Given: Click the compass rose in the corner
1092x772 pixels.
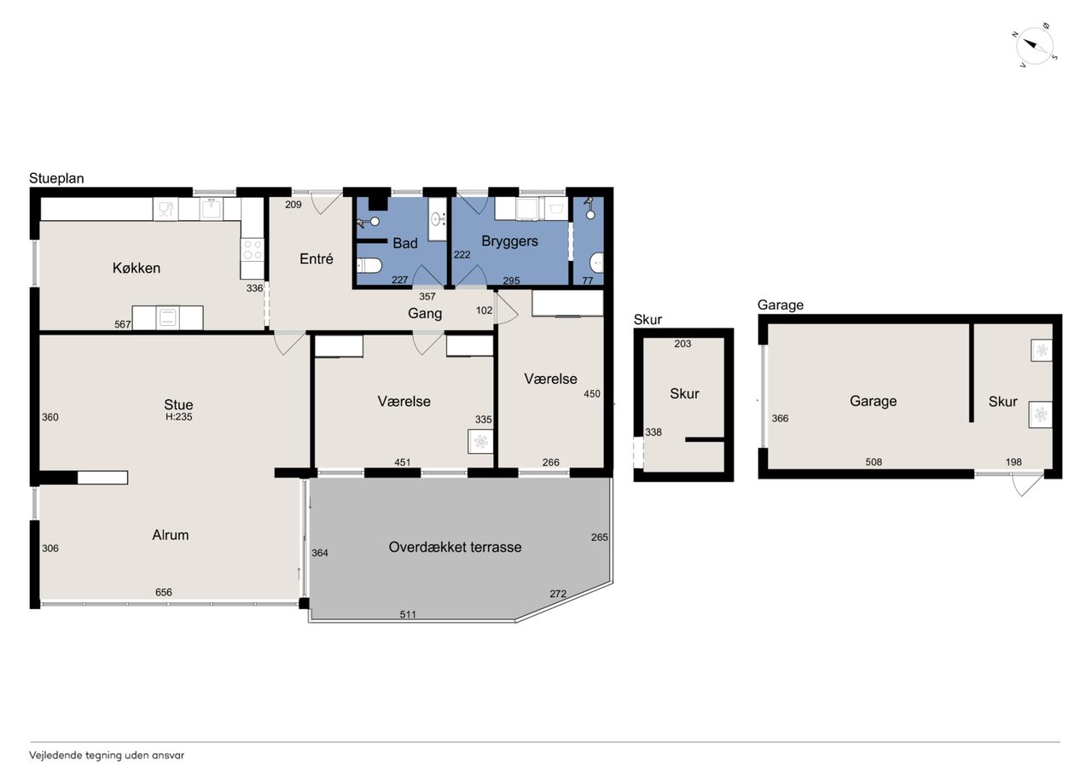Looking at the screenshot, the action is click(1036, 47).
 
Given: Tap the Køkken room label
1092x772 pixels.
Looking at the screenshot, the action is click(136, 268).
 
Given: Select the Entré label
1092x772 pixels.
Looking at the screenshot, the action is click(317, 258).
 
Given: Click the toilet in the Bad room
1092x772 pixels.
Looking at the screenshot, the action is click(369, 265).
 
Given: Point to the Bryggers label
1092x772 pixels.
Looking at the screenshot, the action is click(509, 241).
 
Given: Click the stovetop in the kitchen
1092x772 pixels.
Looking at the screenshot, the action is click(252, 249).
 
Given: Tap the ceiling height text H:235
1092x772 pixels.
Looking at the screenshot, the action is click(179, 416).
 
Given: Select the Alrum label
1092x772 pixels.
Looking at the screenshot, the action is click(170, 535).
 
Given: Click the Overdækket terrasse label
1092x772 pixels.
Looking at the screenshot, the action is click(455, 548).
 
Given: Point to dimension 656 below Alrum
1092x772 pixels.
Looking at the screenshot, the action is click(164, 592).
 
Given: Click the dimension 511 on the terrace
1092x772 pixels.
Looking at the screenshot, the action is click(408, 614).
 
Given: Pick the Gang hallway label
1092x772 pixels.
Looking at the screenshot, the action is click(425, 313).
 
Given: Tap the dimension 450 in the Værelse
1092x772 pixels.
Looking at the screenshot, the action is click(592, 394).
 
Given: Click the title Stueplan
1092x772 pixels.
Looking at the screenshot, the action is click(56, 178).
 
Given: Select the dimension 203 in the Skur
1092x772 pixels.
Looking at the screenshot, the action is click(682, 344).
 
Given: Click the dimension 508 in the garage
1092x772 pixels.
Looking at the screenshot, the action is click(874, 461).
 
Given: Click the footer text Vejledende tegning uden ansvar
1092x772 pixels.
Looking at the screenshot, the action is click(107, 756).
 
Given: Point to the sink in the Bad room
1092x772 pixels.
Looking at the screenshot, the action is click(438, 219).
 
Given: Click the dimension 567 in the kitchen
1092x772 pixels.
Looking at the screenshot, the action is click(123, 324).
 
